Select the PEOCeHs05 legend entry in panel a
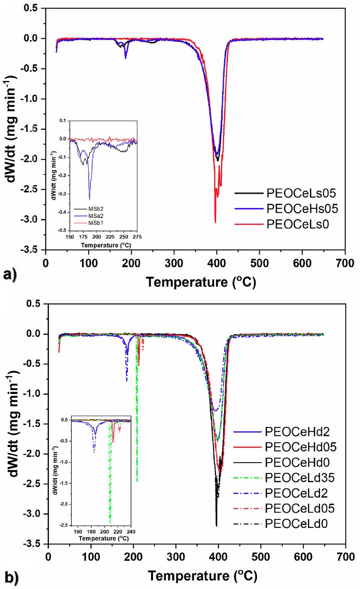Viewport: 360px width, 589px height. pos(286,208)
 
